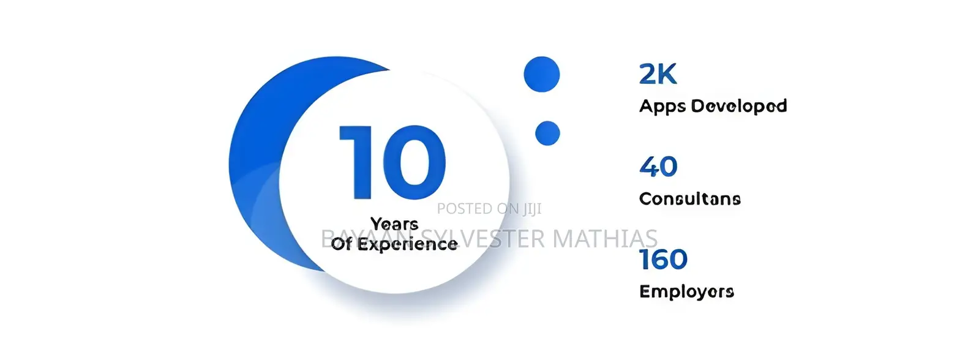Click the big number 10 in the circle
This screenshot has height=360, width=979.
click(392, 162)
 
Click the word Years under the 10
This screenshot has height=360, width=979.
click(395, 224)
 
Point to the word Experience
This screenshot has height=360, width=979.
click(408, 244)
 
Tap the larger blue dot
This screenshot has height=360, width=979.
click(541, 74)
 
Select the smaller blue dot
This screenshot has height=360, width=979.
click(547, 133)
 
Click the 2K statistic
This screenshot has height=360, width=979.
click(658, 74)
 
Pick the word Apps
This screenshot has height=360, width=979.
click(662, 107)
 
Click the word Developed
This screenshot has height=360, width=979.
click(739, 106)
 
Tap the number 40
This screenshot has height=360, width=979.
click(658, 167)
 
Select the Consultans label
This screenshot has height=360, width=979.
click(690, 199)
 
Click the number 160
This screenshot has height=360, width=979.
click(664, 259)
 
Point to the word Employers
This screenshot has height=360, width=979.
click(686, 291)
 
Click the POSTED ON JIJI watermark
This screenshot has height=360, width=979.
click(490, 209)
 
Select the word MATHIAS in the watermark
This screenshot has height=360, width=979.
click(606, 239)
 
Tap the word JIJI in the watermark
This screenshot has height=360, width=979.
click(532, 209)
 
